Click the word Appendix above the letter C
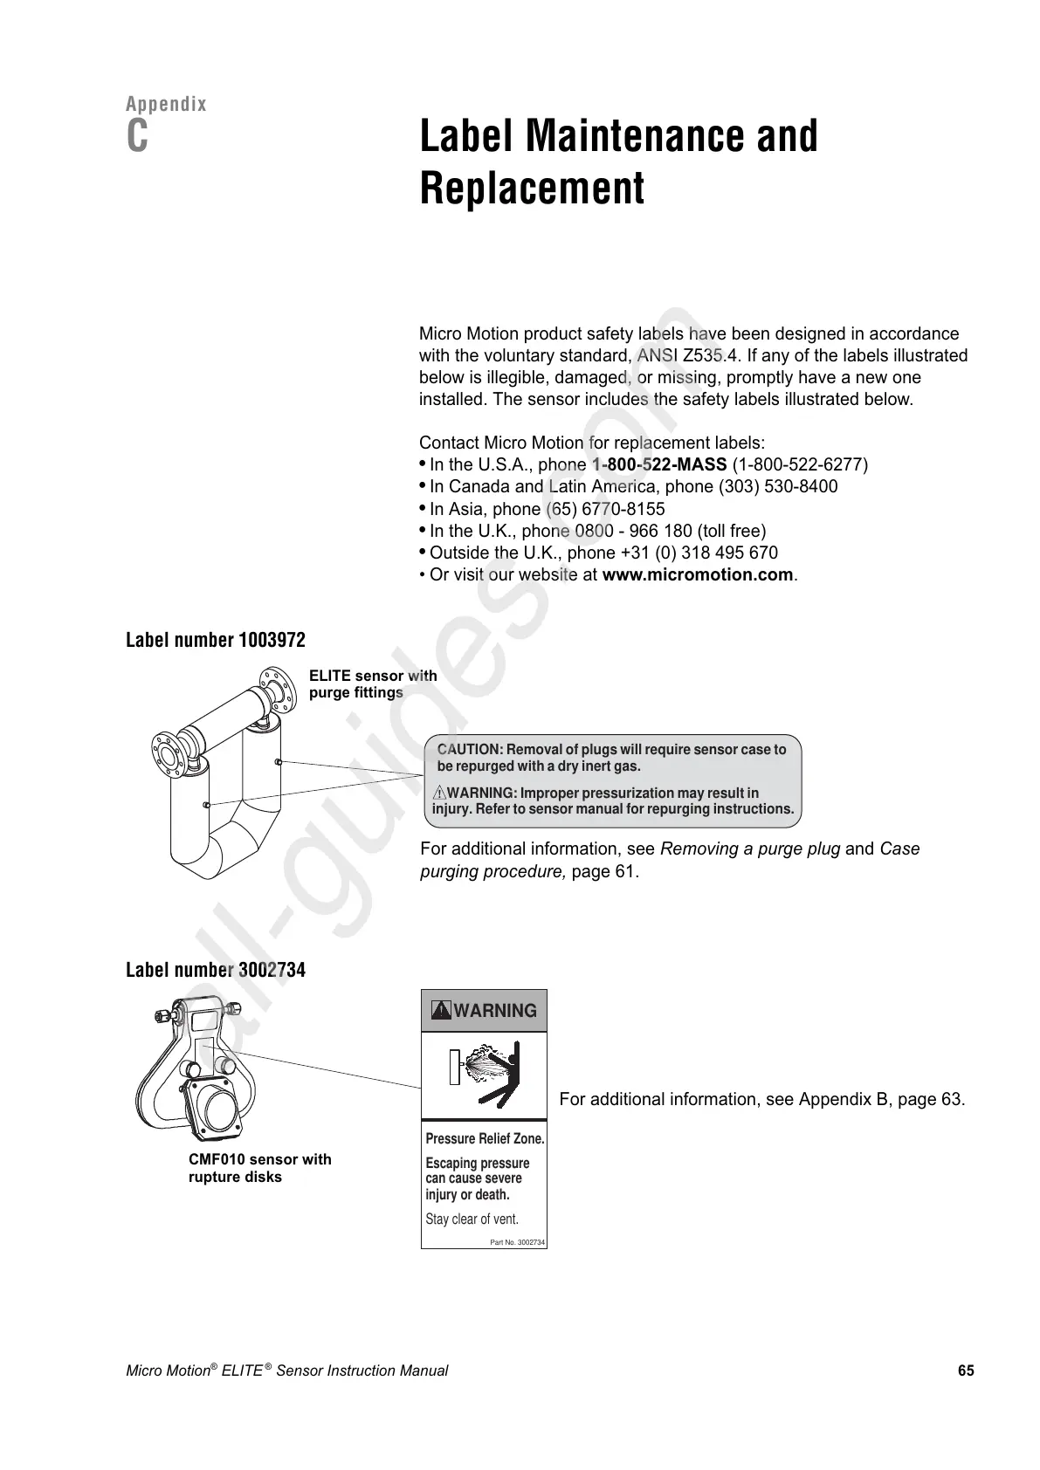tap(167, 105)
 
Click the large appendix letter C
tap(137, 137)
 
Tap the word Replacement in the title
tap(532, 188)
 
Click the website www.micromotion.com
tap(699, 575)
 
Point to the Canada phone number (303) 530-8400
tap(777, 487)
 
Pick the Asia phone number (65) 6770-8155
tap(605, 509)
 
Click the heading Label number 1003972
tap(216, 640)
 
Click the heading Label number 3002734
tap(216, 970)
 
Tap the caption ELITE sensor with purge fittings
tap(373, 684)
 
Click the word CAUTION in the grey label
tap(469, 750)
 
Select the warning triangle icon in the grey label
tap(439, 793)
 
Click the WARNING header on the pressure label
tap(485, 1011)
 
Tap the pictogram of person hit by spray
tap(485, 1075)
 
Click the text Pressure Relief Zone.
tap(485, 1139)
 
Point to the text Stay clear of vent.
tap(472, 1219)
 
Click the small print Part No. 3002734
tap(518, 1242)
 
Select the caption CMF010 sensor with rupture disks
tap(259, 1168)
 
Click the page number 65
tap(965, 1370)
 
